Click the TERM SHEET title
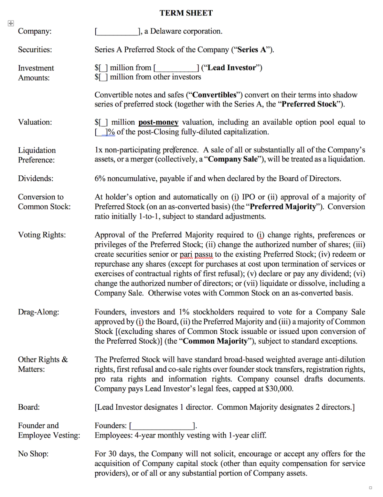point(186,13)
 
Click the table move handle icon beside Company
point(11,23)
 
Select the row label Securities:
point(35,50)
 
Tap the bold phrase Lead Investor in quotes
point(232,68)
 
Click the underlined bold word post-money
point(158,122)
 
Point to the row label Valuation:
point(35,122)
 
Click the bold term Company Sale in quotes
point(233,159)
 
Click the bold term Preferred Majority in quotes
point(283,207)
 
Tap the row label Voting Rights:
point(42,235)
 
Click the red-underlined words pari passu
point(196,254)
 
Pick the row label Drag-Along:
point(38,312)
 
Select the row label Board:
point(29,407)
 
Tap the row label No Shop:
point(33,454)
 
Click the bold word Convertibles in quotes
point(214,95)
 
